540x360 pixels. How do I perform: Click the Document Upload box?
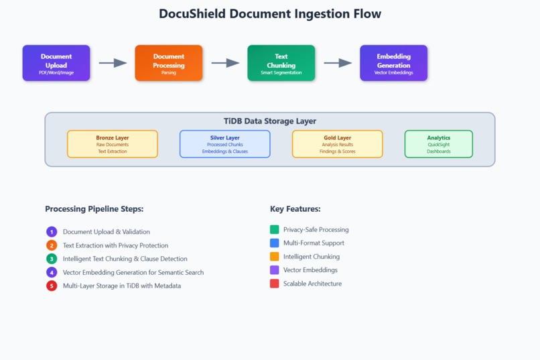[56, 63]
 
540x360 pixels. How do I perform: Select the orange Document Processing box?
[169, 63]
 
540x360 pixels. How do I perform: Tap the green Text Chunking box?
[281, 63]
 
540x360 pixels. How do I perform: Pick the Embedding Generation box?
[393, 63]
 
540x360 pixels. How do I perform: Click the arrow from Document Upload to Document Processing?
[113, 63]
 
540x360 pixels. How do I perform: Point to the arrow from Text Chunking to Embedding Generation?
[338, 63]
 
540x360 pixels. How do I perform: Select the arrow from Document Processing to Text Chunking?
[225, 63]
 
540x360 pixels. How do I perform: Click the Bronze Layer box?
[113, 144]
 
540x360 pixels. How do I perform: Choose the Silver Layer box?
[225, 144]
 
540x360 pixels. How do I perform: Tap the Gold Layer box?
[337, 144]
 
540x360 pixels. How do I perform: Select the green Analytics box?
[439, 144]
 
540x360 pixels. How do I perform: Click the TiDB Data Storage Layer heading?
[270, 121]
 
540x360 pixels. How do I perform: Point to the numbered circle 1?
[52, 232]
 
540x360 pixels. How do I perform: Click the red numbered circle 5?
[52, 286]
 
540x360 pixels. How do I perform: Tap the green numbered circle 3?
[52, 259]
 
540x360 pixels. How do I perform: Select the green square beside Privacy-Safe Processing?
[275, 230]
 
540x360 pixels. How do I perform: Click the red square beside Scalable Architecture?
[275, 284]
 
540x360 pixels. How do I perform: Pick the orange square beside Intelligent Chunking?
[275, 257]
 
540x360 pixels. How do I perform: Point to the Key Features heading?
[295, 209]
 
